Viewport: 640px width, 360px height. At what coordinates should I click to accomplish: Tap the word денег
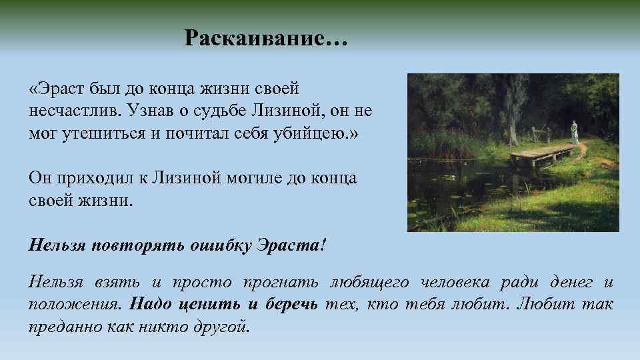572,283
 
